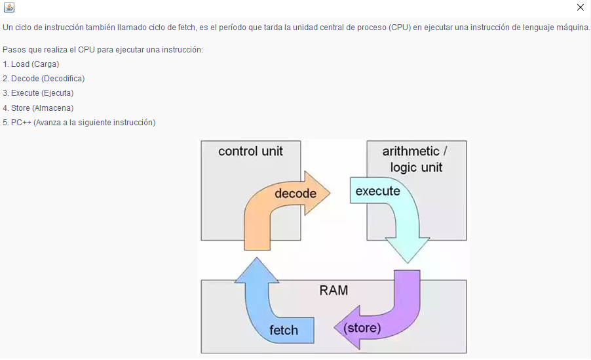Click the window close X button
coord(580,7)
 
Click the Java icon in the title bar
coord(9,7)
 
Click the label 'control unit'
coord(250,151)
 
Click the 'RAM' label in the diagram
coord(334,290)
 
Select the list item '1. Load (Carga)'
coord(31,64)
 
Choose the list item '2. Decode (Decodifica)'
coord(43,79)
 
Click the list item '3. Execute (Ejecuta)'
coord(38,93)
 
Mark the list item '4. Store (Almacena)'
coord(38,108)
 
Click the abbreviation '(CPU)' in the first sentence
coord(400,28)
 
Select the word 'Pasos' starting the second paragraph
coord(13,50)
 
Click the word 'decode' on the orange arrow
coord(295,193)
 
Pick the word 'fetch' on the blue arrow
coord(284,330)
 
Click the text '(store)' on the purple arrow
coord(362,327)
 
